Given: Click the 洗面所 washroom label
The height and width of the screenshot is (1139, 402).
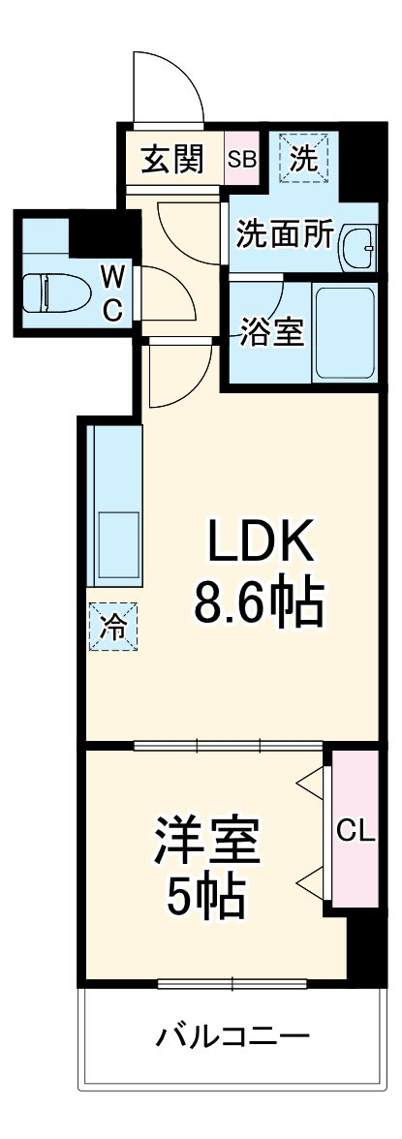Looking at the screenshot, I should (286, 235).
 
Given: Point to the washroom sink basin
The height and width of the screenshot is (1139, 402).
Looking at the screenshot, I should (359, 248).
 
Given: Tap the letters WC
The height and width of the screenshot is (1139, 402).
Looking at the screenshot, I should (113, 294).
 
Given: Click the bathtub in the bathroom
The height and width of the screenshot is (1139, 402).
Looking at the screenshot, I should (344, 332).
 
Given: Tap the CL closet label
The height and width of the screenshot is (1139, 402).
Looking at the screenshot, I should (355, 829).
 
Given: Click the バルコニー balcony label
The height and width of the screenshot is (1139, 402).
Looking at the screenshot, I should (232, 1038).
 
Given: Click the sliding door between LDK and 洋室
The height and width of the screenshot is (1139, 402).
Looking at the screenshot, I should (229, 746).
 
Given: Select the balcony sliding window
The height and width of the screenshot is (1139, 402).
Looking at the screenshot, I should (232, 985).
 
